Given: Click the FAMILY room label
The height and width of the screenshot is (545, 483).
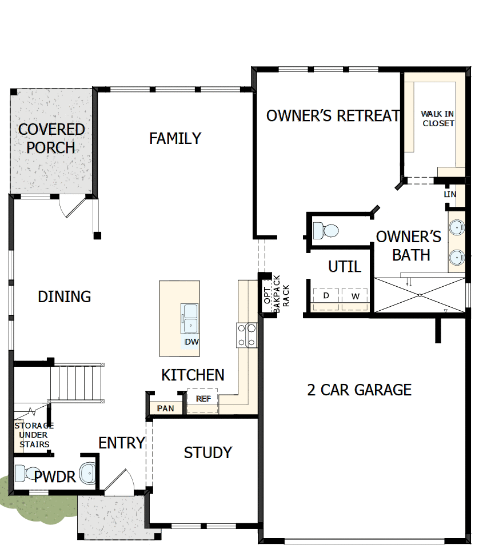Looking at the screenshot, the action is click(175, 138).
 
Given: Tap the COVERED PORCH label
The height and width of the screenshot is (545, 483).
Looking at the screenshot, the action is click(51, 138).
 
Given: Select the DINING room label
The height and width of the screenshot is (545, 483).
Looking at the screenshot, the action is click(65, 297).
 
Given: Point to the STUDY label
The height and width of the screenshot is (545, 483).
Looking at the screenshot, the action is click(208, 452).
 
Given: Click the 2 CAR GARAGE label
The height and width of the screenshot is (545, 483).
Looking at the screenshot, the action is click(359, 390).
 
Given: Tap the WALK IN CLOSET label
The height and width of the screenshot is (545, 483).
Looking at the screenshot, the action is click(437, 118).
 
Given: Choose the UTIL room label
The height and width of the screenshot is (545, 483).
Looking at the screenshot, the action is click(345, 267).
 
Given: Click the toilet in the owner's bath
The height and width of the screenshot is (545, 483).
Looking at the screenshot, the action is click(326, 230).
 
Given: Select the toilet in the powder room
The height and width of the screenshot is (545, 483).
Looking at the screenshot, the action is click(27, 474).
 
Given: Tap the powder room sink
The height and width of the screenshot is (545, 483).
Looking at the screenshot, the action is click(87, 474).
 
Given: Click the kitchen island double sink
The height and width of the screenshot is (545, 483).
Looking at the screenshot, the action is click(190, 318).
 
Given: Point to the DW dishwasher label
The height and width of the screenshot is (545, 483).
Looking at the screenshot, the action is click(191, 342).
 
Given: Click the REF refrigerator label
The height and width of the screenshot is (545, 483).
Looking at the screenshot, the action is click(203, 399).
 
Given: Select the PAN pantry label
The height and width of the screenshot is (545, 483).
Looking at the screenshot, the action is click(166, 408).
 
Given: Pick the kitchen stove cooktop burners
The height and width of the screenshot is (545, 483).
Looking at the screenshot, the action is click(246, 335).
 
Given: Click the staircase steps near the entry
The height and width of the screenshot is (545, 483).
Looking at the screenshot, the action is click(77, 383).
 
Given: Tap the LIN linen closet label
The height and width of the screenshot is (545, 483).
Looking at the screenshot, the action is click(450, 194).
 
